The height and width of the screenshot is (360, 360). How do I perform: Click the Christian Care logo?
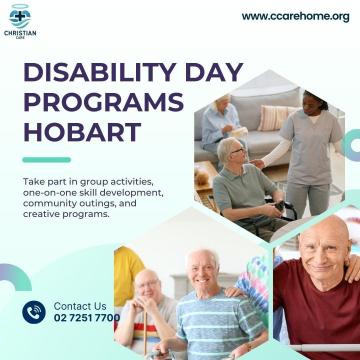point(19,20)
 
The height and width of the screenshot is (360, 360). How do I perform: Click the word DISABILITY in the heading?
point(90,72)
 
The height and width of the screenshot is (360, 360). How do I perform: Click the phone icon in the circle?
point(34,312)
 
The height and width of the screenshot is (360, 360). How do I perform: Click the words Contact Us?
point(80,305)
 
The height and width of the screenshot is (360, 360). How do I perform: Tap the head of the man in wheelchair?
point(230,152)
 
